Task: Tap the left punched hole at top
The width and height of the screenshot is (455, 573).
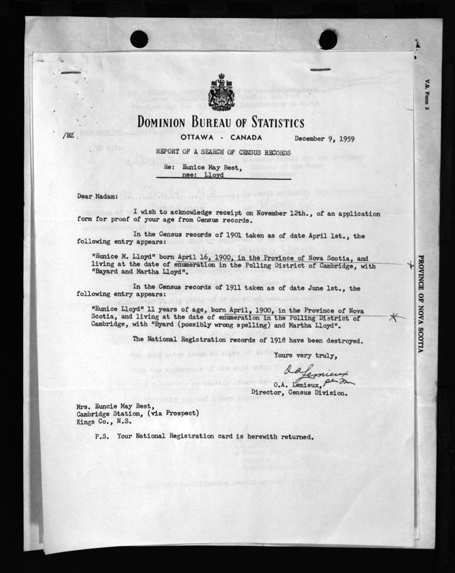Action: click(x=139, y=39)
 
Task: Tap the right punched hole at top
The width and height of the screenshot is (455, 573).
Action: click(x=328, y=39)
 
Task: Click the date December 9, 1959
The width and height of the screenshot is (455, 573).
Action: click(x=325, y=139)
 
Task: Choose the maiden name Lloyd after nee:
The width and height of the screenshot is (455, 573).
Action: click(x=214, y=175)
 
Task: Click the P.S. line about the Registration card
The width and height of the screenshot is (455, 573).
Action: click(x=204, y=436)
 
